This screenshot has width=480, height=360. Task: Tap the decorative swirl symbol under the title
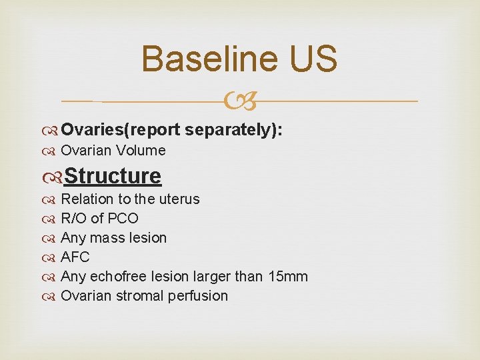coord(240,101)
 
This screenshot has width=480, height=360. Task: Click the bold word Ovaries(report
coord(121,130)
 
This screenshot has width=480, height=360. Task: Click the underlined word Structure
coord(113,176)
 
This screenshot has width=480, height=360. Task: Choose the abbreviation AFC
coord(75,257)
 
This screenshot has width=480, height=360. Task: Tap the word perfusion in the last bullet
coord(199,295)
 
